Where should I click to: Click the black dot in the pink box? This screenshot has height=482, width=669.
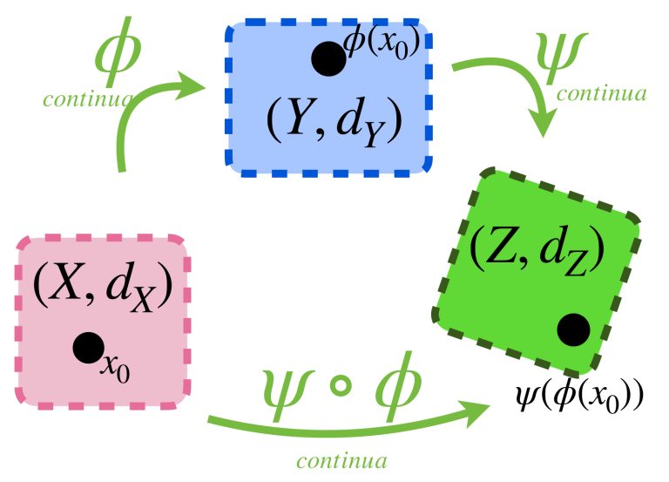(88, 349)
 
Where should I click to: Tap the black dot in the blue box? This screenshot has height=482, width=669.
(328, 59)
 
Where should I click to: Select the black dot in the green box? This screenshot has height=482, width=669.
(572, 329)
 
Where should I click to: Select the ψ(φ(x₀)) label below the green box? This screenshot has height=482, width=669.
(579, 398)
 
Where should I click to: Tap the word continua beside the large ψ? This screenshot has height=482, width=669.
(601, 93)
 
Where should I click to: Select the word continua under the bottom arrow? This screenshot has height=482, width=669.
(341, 461)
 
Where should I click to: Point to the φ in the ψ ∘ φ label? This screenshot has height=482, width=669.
(395, 385)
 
